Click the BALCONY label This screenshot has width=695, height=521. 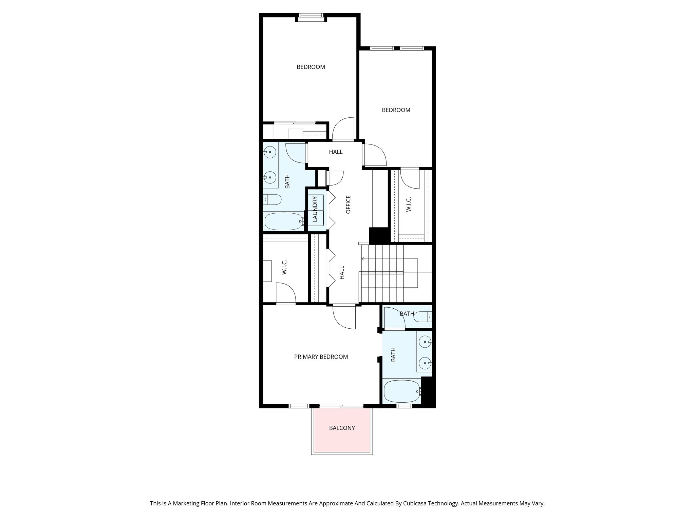pos(342,428)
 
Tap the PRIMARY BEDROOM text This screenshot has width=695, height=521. pos(321,357)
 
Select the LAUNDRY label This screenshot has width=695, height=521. pos(315,209)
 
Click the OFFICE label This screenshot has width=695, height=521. pos(348,204)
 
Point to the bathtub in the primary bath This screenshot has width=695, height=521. pos(402,391)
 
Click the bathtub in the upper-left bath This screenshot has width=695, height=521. pos(284,221)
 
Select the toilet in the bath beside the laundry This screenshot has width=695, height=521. pos(273,200)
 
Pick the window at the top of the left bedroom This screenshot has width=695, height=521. pos(311,15)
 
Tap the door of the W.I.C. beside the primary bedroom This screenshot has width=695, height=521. pos(285,293)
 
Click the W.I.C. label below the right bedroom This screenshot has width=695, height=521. pos(409,205)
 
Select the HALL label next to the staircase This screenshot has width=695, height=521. pos(342,272)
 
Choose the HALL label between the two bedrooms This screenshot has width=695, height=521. pos(336,152)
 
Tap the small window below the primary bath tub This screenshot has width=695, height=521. pos(404,406)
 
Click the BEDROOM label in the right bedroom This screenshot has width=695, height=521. pos(396,110)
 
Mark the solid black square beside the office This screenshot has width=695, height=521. pos(378,235)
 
